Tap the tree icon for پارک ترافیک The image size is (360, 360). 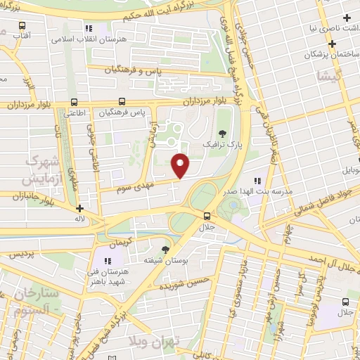pyautogui.click(x=223, y=134)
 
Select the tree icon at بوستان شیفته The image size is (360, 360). pyautogui.click(x=165, y=249)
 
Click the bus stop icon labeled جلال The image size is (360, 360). pyautogui.click(x=207, y=216)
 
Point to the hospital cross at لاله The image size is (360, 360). pyautogui.click(x=80, y=208)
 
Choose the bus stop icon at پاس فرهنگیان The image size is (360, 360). pyautogui.click(x=122, y=101)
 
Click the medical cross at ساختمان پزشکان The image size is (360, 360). pyautogui.click(x=332, y=44)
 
